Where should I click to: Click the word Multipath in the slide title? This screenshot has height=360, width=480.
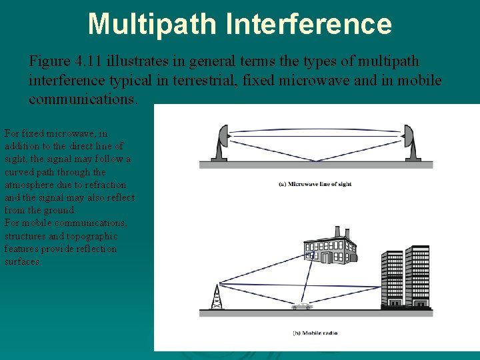coord(153,23)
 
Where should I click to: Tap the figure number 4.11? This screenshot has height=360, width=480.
coord(90,61)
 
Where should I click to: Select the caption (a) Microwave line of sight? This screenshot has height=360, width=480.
coord(315,184)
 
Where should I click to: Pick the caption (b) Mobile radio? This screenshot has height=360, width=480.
coord(315,333)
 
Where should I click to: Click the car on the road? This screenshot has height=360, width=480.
coord(302,306)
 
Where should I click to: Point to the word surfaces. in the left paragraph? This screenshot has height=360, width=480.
coord(23,262)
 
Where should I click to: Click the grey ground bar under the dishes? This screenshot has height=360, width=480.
coord(316,164)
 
